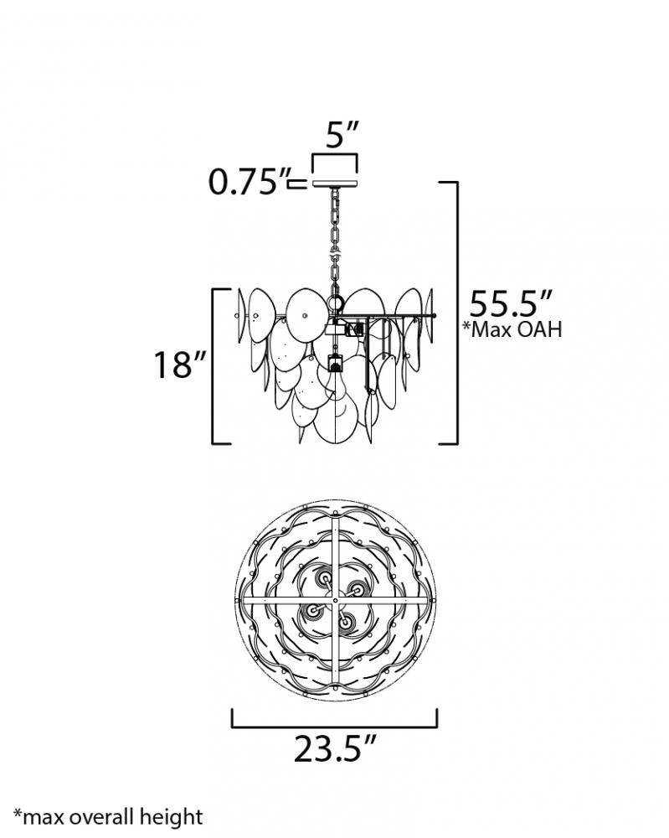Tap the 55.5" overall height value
coord(510,304)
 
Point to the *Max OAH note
coord(512,329)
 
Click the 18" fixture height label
coord(180,365)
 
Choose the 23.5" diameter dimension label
coord(335,748)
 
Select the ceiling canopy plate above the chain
coord(335,184)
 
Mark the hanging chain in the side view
coord(335,241)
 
